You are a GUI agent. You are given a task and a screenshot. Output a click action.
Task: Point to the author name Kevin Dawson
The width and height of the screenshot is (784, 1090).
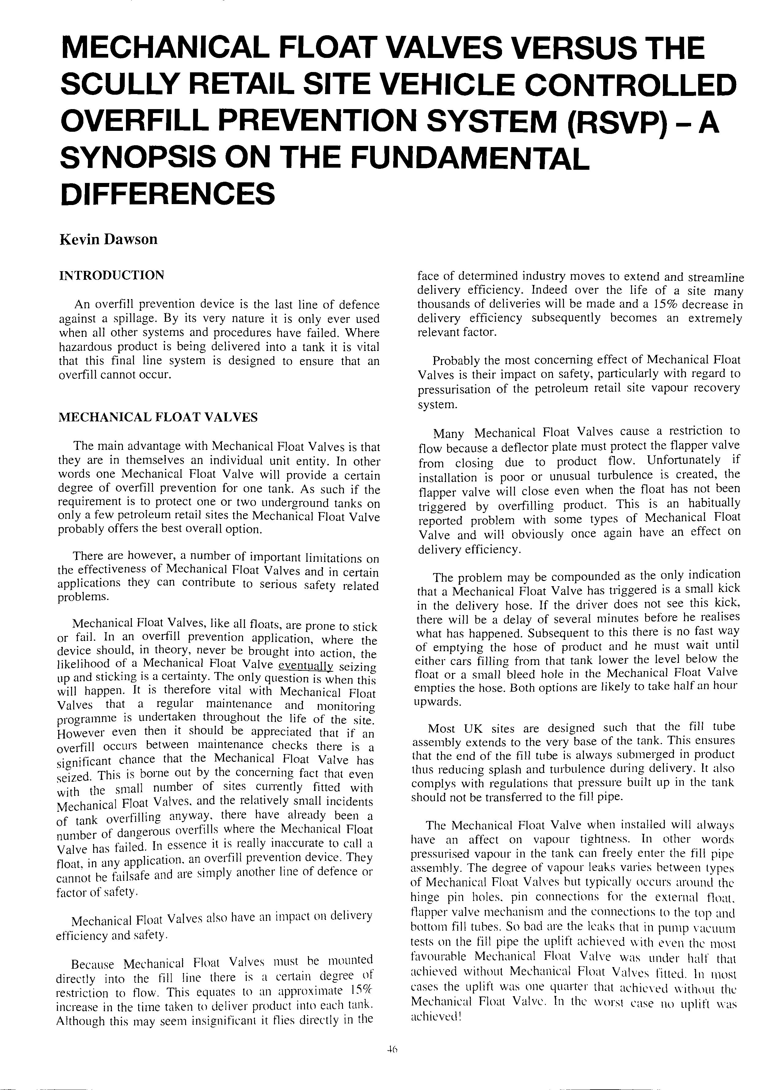point(108,239)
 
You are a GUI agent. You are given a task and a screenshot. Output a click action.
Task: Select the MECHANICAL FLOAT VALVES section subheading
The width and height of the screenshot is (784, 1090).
point(158,417)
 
